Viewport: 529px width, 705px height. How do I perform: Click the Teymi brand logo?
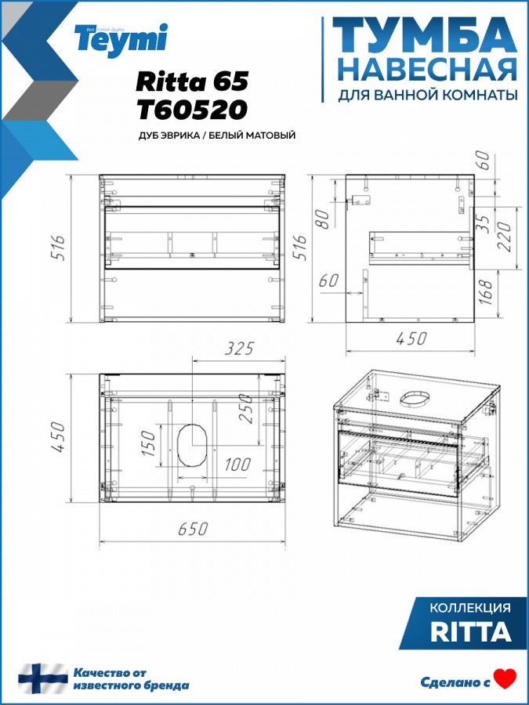click(x=121, y=40)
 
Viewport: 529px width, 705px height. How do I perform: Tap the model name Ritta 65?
click(x=192, y=81)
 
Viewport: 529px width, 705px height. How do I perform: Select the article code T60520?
click(x=192, y=110)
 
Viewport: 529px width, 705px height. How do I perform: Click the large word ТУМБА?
click(x=424, y=36)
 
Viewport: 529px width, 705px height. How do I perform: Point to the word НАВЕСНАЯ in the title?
click(x=427, y=70)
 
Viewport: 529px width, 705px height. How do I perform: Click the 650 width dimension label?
click(x=193, y=529)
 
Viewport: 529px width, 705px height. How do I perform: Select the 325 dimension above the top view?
click(x=239, y=349)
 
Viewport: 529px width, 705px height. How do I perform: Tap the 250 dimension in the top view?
click(x=247, y=408)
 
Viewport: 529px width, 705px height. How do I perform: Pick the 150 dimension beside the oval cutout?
click(x=148, y=443)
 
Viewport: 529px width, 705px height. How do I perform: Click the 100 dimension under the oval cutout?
click(x=237, y=464)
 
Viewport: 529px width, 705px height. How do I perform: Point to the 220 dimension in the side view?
click(x=504, y=237)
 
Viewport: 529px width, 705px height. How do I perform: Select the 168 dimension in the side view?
click(x=487, y=291)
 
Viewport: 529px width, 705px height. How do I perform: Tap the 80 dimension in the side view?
click(x=324, y=219)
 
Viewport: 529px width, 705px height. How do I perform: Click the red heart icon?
click(x=505, y=679)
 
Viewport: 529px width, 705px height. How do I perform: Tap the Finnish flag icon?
click(x=43, y=678)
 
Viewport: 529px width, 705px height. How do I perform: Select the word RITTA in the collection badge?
click(x=471, y=631)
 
